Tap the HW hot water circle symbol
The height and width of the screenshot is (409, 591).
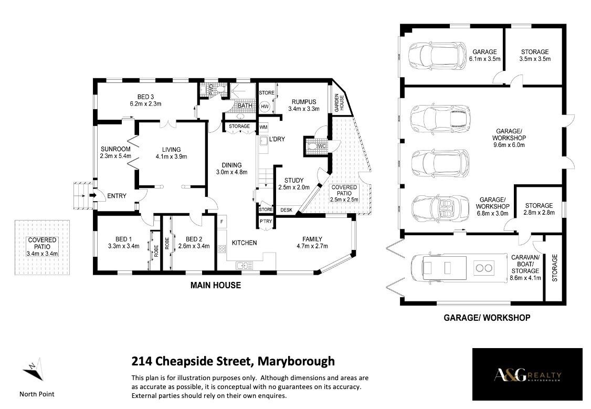(x=265, y=107)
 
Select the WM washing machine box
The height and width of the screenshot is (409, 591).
(x=263, y=128)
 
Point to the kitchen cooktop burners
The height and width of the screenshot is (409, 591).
(x=221, y=248)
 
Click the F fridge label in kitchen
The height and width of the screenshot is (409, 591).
(x=221, y=222)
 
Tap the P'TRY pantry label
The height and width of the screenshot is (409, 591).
(x=266, y=221)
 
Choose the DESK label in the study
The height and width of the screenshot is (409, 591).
(x=287, y=210)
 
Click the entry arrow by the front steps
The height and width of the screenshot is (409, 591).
(x=92, y=196)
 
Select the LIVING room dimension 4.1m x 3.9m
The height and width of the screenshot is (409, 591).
(x=172, y=156)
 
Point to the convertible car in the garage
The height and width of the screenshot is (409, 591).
(x=440, y=207)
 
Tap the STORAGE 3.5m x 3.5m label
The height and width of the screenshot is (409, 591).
(x=535, y=55)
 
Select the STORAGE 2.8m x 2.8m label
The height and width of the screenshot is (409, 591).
(x=539, y=209)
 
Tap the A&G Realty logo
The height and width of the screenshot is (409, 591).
(x=527, y=374)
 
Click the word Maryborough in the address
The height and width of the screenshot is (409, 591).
(x=296, y=361)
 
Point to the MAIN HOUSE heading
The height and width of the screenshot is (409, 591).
(x=216, y=286)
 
